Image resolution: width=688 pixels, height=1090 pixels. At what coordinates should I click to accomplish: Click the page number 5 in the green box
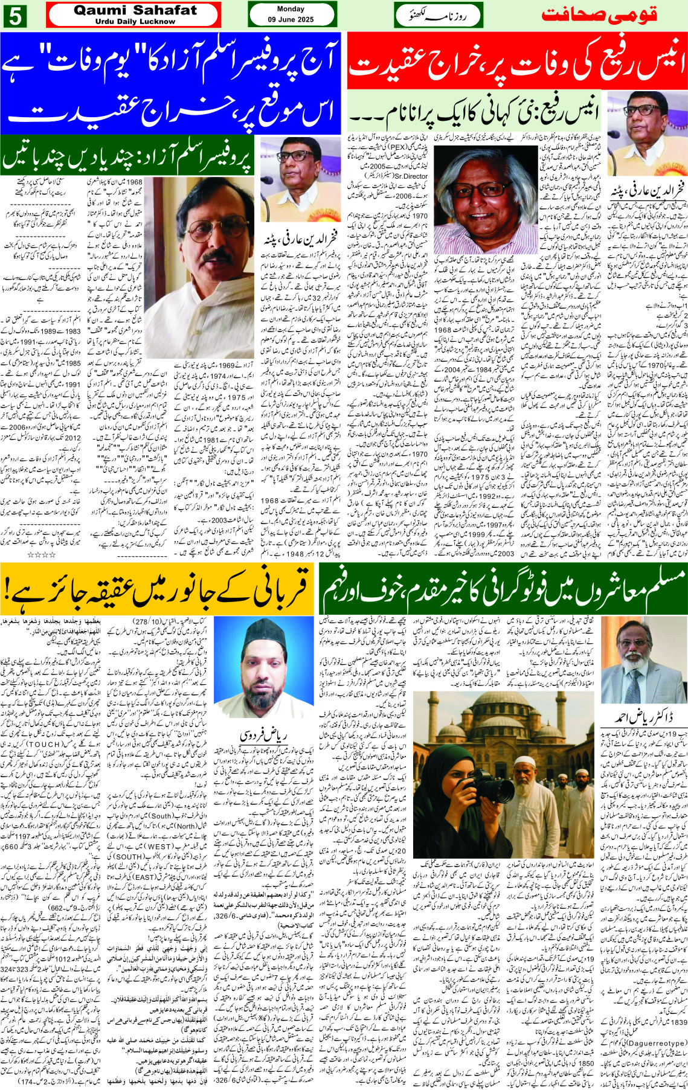coord(14,16)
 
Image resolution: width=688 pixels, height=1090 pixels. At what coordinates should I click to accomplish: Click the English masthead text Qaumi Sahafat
coord(135,10)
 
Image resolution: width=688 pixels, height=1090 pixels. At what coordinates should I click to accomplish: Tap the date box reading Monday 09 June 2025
coord(291,14)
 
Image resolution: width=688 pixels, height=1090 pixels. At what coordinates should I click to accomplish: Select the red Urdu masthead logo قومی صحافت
coord(599,14)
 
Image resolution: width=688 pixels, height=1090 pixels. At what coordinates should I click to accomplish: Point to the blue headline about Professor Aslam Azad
coord(172,83)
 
